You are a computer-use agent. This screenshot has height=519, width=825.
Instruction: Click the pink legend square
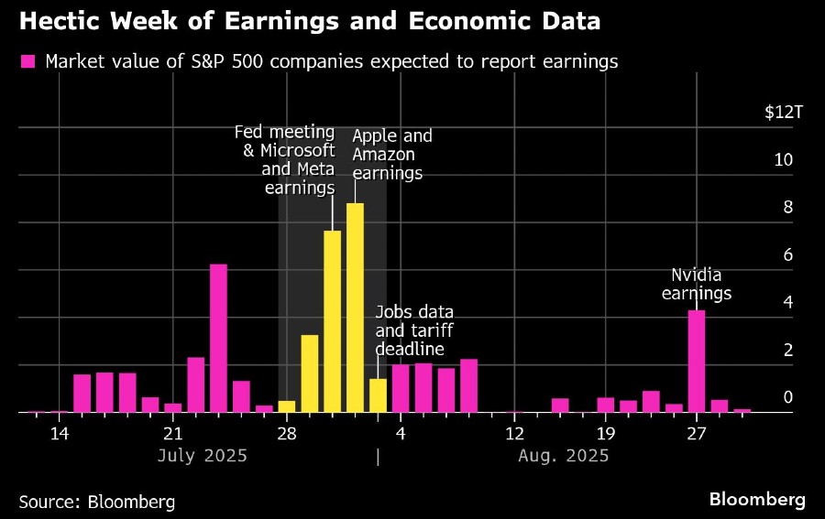(x=27, y=62)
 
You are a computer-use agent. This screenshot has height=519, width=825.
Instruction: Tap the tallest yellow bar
(x=355, y=308)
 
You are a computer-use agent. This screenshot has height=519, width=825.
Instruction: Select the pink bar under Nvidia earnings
(x=697, y=362)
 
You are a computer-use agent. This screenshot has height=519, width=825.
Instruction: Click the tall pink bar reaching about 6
(x=218, y=339)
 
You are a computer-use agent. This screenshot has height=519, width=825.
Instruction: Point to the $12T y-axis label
(x=784, y=113)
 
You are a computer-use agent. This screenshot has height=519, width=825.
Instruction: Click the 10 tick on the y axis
(x=783, y=160)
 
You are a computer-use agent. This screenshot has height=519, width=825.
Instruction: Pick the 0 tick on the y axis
(x=786, y=397)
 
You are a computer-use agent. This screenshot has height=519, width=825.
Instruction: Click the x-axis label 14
(x=60, y=433)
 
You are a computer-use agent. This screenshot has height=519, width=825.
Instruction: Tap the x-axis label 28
(x=286, y=433)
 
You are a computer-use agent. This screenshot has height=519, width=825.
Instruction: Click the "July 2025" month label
(x=202, y=455)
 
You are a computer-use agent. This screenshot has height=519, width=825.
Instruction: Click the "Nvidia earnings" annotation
(x=697, y=284)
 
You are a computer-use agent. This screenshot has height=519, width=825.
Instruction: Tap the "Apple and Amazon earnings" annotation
(x=391, y=154)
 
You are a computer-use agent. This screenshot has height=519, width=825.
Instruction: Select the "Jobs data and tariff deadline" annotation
(x=414, y=330)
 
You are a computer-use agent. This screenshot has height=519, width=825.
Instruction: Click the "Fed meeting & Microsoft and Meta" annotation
(x=285, y=160)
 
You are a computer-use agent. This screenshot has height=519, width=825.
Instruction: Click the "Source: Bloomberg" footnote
(x=96, y=502)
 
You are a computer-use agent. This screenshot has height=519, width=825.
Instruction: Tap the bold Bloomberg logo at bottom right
(x=757, y=500)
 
